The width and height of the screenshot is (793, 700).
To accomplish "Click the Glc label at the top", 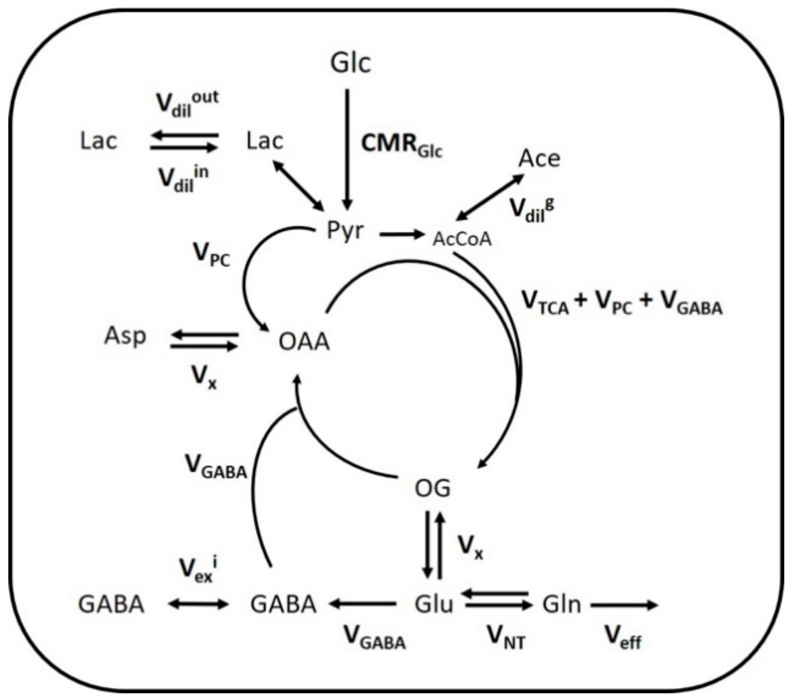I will coord(350,62).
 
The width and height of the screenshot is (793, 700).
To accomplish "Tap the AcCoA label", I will coord(462,239).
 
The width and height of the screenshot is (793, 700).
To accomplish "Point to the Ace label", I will coord(539,159).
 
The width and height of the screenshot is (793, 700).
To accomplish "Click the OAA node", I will coord(304,342).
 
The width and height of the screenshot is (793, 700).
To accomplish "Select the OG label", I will coord(432,488).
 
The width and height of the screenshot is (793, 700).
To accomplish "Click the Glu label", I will coord(434,604).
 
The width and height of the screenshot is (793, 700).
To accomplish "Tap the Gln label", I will coord(561,604).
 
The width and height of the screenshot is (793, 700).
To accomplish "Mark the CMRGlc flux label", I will coord(402,145).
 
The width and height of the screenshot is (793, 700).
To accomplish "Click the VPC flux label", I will coord(211,254).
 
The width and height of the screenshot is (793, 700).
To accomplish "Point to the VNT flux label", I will coord(506,637).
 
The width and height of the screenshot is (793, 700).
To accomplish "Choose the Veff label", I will coord(622,637).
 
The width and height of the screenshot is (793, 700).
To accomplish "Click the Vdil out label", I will coord(186,103).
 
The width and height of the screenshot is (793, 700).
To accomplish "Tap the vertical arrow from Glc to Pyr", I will coord(347,148).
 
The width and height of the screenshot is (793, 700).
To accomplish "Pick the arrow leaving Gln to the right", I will coord(624,605).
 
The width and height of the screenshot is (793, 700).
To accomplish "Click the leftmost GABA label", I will coord(111,604).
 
